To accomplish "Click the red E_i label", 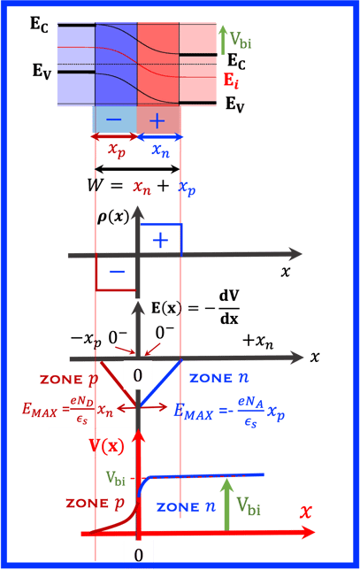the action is tap(231, 81).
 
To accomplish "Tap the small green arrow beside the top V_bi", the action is tap(223, 39).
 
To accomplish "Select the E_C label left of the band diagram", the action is tap(39, 25).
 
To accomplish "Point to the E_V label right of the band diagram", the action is tap(235, 104).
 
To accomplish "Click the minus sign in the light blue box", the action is tap(114, 120).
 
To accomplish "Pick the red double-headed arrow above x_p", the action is tap(114, 136).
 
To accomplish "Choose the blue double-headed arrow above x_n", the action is tap(159, 136).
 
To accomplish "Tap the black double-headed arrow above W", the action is tap(137, 169).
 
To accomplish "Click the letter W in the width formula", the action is tap(96, 185).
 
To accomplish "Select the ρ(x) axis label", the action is tap(113, 217).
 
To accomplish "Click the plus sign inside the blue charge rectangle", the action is tap(161, 241).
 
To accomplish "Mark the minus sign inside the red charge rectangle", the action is tap(117, 272).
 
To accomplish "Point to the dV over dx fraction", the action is tap(229, 307).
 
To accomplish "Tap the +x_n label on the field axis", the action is tap(258, 342).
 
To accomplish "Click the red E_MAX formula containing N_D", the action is tap(67, 410).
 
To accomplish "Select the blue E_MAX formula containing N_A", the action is tap(229, 412).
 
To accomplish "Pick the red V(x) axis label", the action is tap(106, 446).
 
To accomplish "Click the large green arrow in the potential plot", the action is tap(227, 505).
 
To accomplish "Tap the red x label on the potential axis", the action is tap(306, 512).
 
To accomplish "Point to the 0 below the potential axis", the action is tap(139, 555).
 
